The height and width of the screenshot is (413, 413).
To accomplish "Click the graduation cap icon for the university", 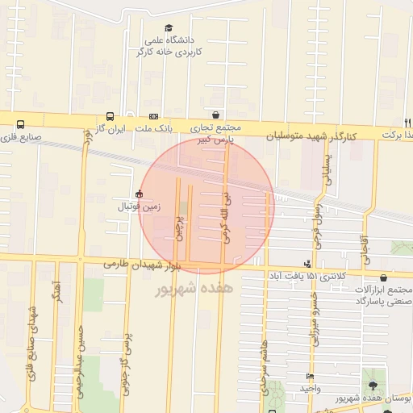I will [x=169, y=27].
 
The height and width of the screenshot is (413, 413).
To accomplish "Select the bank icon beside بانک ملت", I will [x=153, y=116].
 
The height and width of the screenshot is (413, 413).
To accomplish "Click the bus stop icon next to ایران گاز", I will [x=109, y=116].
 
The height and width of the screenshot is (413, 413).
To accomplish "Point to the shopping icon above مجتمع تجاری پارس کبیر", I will [x=215, y=115].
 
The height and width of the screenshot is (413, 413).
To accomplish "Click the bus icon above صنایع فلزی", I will [x=20, y=124].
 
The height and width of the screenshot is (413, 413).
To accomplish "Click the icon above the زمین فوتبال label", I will [x=140, y=194].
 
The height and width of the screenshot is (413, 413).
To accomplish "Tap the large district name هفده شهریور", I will [x=193, y=286].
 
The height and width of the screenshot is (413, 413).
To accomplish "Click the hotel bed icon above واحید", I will [x=310, y=377].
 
